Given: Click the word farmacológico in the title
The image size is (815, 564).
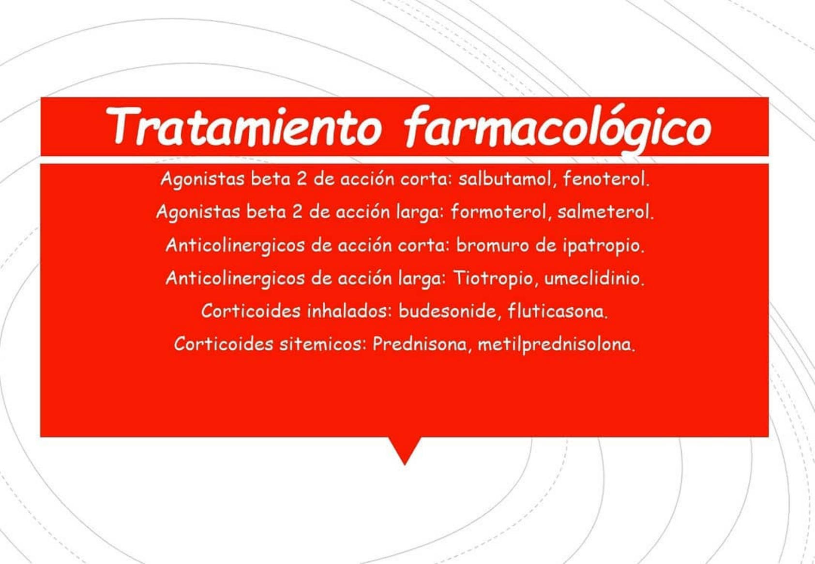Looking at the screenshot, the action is pyautogui.click(x=558, y=129).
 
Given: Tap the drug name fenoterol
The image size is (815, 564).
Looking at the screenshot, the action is pyautogui.click(x=606, y=179).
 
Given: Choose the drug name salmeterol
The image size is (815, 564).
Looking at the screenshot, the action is pyautogui.click(x=605, y=212).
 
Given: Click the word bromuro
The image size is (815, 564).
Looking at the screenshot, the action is pyautogui.click(x=492, y=245).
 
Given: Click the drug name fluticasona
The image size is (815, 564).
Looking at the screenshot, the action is pyautogui.click(x=558, y=312).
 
